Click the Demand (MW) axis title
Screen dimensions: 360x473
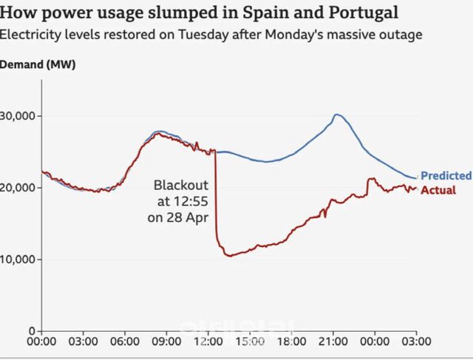click(x=38, y=64)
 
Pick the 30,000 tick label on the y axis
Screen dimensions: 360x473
click(x=21, y=116)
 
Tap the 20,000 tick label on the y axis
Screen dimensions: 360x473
click(x=21, y=188)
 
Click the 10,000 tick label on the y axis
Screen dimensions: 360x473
click(x=21, y=259)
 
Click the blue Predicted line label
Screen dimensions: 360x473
click(x=446, y=176)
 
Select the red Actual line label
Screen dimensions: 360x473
click(x=438, y=190)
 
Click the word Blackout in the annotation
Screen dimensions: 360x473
click(x=181, y=184)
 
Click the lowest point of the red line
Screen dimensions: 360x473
click(x=228, y=256)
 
